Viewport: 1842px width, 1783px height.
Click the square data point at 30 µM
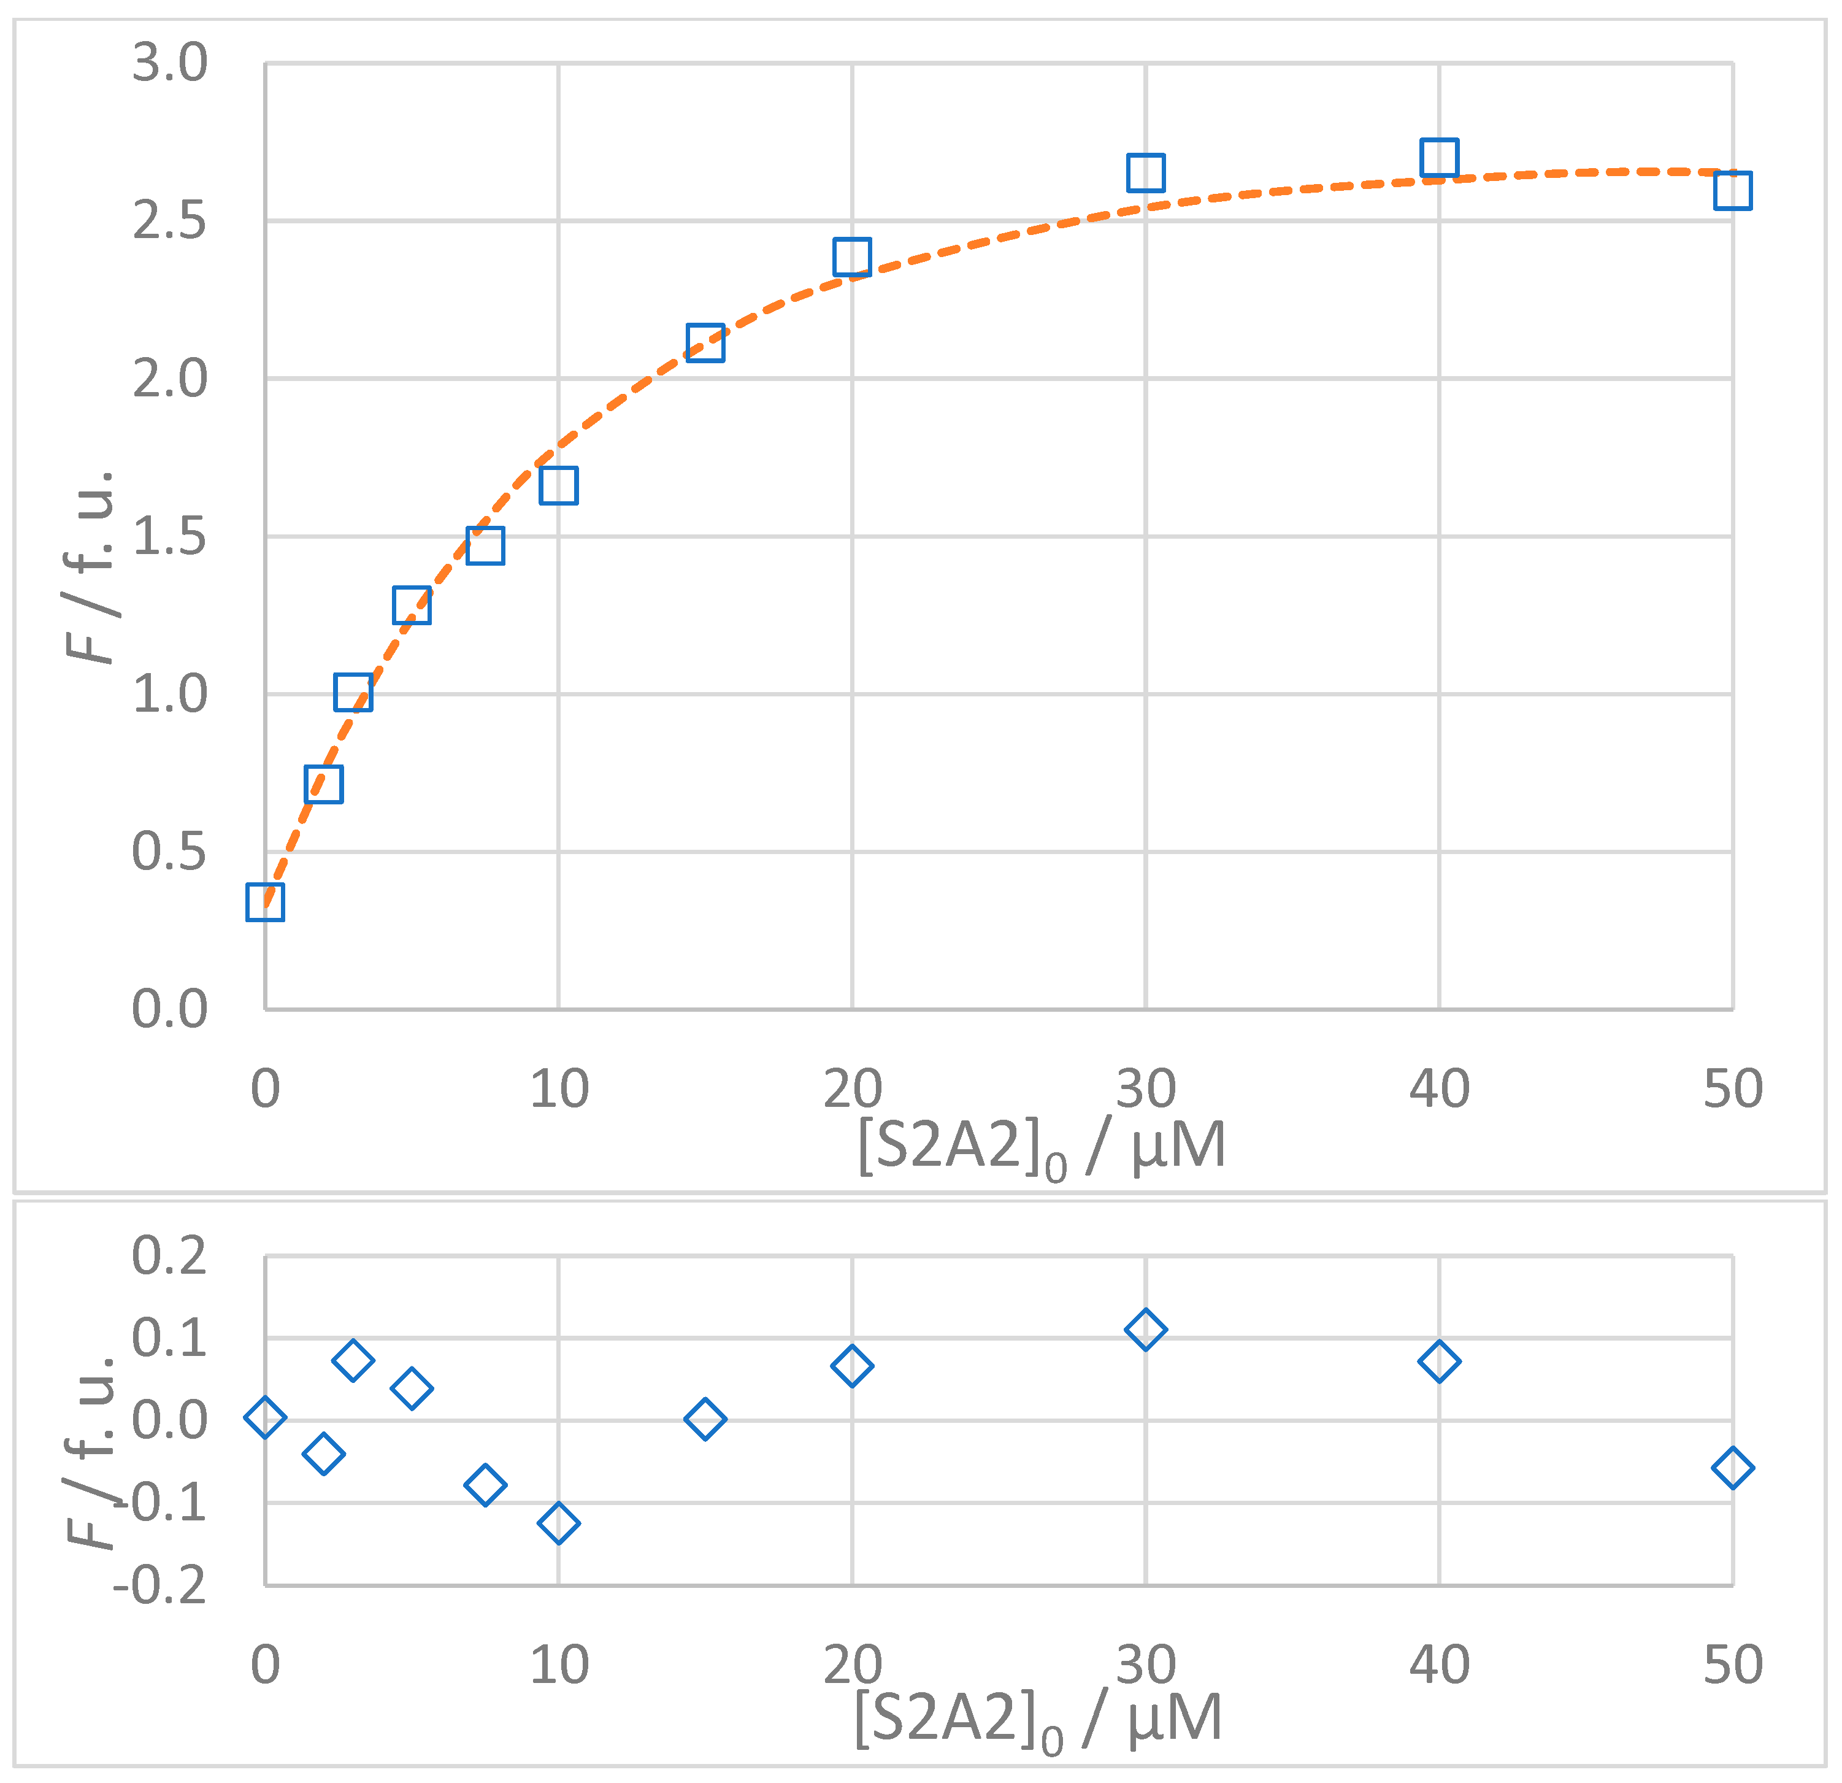pyautogui.click(x=1146, y=173)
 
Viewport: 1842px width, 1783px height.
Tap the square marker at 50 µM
pyautogui.click(x=1732, y=190)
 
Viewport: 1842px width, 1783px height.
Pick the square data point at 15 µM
pyautogui.click(x=705, y=343)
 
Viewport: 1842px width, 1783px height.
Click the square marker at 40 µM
pyautogui.click(x=1439, y=158)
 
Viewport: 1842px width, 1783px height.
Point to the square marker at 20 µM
pyautogui.click(x=851, y=256)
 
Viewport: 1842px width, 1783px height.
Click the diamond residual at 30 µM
pyautogui.click(x=1146, y=1329)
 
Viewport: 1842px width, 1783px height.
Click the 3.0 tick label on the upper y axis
pyautogui.click(x=169, y=64)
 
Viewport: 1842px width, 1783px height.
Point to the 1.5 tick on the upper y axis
pyautogui.click(x=169, y=537)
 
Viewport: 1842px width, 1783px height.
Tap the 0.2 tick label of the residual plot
pyautogui.click(x=169, y=1256)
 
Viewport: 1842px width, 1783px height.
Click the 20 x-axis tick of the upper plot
pyautogui.click(x=851, y=1089)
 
